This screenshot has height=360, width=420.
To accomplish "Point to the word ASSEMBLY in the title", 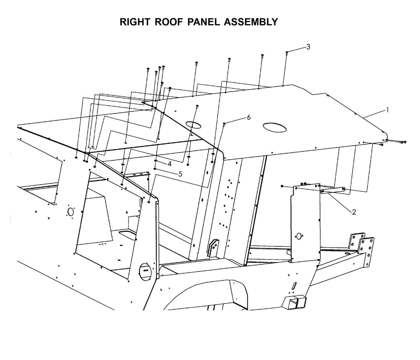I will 251,22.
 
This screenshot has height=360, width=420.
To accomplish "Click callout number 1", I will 387,110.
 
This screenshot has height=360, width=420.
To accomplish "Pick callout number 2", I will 354,212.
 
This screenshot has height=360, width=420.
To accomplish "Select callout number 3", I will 308,47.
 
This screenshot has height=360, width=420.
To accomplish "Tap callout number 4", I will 169,164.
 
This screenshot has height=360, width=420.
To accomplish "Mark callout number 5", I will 180,174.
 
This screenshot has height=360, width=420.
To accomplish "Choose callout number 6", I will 249,117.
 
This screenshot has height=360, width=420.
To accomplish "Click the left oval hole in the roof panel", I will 193,125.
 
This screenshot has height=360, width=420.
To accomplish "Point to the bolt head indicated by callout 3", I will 287,53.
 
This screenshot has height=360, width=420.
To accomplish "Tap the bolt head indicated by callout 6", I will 224,124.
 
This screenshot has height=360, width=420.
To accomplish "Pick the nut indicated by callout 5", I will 155,169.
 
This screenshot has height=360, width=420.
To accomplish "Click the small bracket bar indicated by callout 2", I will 333,190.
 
